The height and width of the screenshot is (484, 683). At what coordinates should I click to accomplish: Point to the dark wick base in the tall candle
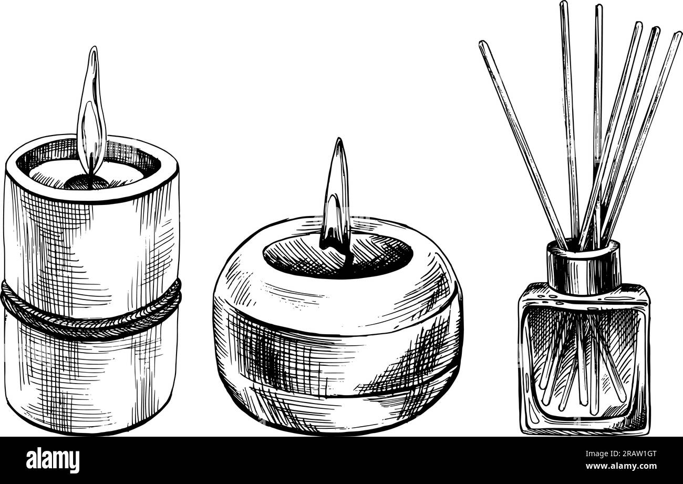pos(87,182)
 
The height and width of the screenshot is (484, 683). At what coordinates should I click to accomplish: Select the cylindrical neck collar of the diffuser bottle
pos(583,268)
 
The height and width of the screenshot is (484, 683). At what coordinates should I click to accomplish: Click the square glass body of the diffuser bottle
pos(583,363)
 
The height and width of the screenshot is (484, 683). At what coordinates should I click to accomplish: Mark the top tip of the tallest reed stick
pos(563,4)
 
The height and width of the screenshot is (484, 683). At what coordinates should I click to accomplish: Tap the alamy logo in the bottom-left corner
pos(53,460)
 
